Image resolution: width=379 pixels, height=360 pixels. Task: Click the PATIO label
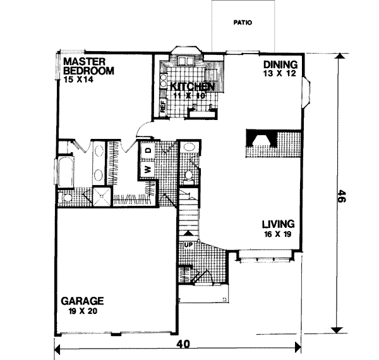point(243,22)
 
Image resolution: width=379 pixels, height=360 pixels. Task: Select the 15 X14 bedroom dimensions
point(78,80)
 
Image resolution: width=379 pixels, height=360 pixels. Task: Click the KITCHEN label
point(188,86)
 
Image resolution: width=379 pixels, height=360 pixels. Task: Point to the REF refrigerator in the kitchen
point(162,108)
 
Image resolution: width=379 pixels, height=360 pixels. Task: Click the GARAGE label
point(83,301)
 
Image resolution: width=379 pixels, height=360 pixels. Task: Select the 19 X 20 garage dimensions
point(82,311)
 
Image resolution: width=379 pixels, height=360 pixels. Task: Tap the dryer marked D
point(148,151)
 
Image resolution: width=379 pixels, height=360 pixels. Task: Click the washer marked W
point(147,169)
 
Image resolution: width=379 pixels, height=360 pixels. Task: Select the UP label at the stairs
point(188,244)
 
